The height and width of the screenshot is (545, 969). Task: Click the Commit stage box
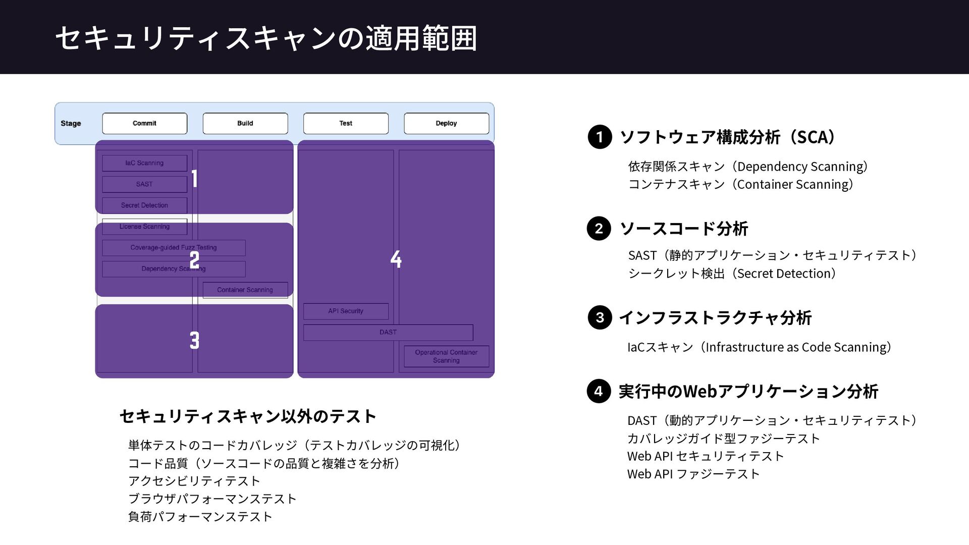tap(144, 123)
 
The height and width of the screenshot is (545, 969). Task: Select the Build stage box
tap(245, 123)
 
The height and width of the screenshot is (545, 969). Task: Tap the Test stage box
tap(346, 123)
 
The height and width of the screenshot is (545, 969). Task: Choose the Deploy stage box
tap(446, 123)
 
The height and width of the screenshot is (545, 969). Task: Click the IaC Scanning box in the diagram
tap(144, 163)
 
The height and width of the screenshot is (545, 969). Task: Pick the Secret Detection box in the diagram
tap(144, 205)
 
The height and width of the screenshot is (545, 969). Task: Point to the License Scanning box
tap(144, 227)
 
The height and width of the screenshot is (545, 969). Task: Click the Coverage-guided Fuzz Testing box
tap(174, 248)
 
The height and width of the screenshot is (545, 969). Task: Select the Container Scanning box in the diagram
tap(245, 290)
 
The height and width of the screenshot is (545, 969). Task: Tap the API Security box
tap(346, 311)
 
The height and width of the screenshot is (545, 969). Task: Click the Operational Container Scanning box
tap(446, 356)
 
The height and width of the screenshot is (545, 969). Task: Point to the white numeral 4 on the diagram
tap(396, 259)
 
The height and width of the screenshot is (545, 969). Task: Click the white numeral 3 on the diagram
tap(194, 340)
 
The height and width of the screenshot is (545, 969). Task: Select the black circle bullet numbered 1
tap(600, 137)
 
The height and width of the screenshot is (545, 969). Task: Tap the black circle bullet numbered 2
tap(599, 229)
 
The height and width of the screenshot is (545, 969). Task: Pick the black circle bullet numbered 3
tap(600, 317)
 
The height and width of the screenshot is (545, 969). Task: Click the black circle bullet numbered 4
tap(599, 391)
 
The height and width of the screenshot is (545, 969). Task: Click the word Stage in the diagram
tap(71, 123)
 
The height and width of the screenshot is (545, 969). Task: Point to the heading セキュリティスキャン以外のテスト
tap(248, 416)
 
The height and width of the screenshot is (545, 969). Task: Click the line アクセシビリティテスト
tap(194, 481)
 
